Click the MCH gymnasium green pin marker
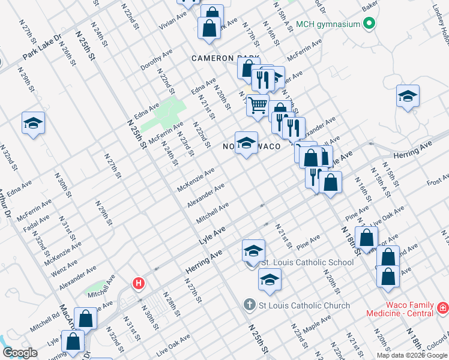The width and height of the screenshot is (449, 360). tap(369, 25)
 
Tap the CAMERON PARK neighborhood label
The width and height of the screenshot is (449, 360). tap(225, 58)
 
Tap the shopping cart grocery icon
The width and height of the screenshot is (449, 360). tap(258, 105)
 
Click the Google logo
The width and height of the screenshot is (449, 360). tap(20, 353)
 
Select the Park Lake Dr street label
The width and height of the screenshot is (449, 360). tap(42, 46)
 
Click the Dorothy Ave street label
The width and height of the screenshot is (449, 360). tap(157, 59)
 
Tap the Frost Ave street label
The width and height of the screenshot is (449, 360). tap(438, 179)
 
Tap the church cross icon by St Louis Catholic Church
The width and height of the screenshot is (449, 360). tap(250, 305)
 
